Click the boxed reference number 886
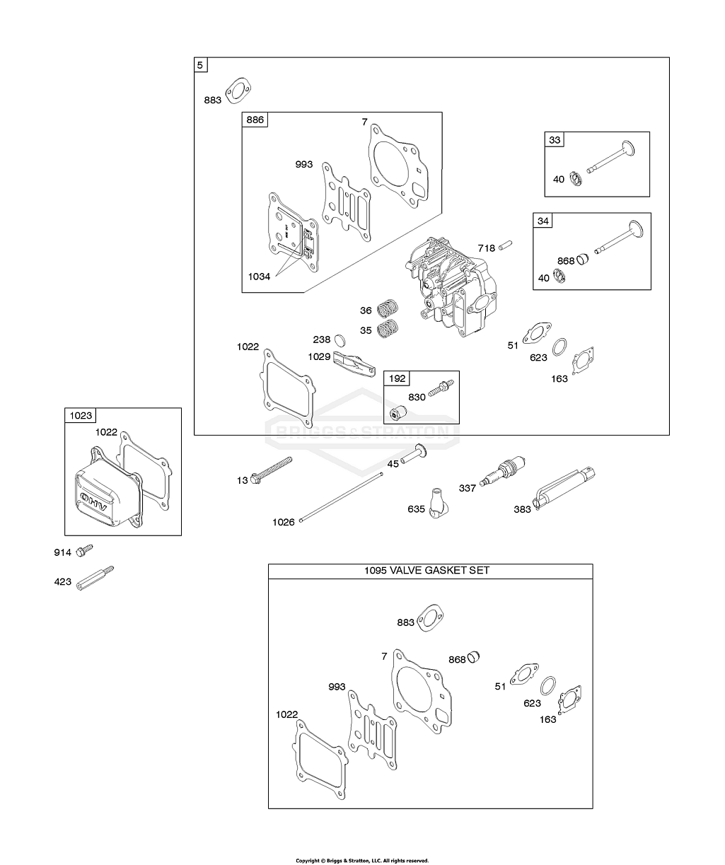[255, 120]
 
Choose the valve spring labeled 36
[386, 309]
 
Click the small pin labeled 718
[504, 246]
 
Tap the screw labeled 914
[85, 550]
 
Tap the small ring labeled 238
[339, 340]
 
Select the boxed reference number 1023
[81, 416]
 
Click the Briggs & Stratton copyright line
[361, 861]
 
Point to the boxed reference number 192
[397, 378]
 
